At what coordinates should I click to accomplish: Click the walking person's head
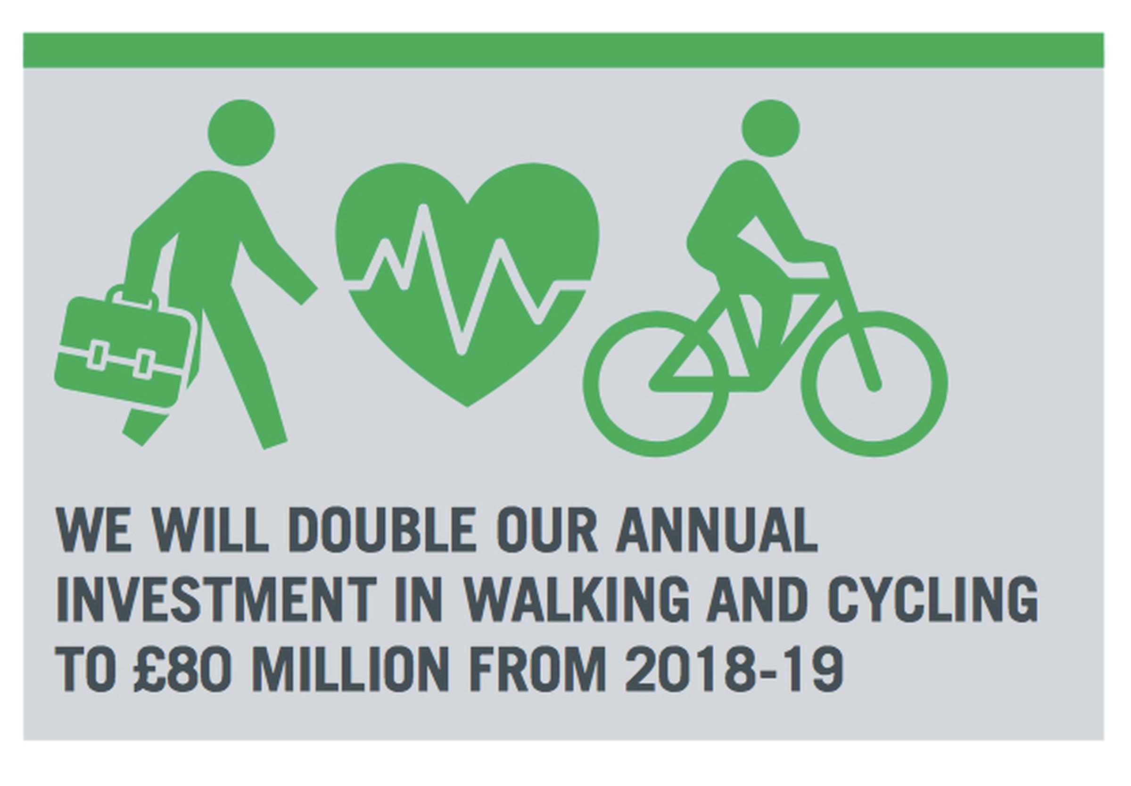[x=241, y=132]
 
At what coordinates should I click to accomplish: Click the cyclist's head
[x=770, y=128]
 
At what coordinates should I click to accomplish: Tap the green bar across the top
[x=563, y=50]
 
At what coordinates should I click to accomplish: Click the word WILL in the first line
[x=210, y=529]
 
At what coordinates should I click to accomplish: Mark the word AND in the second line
[x=757, y=599]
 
